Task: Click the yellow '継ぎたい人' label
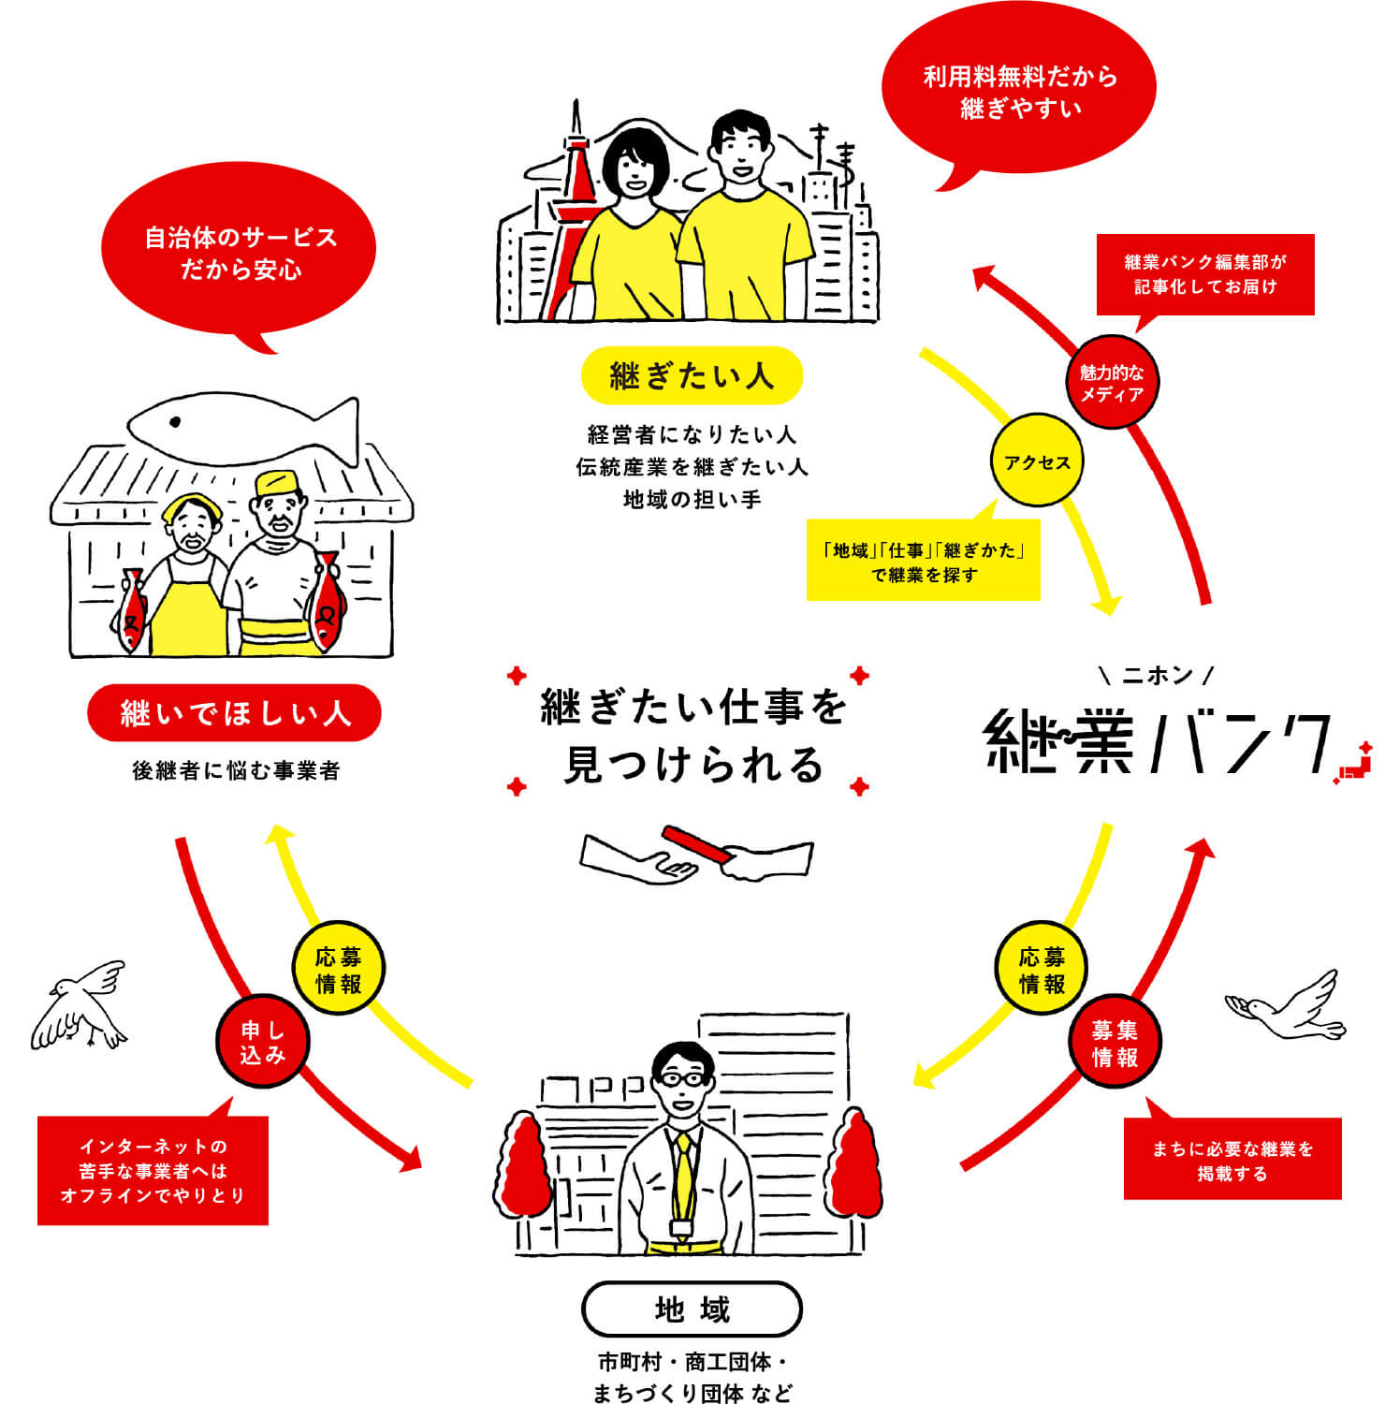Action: tap(692, 376)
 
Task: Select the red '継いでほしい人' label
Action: tap(234, 713)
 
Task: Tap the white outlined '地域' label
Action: tap(692, 1309)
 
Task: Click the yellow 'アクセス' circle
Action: tap(1037, 462)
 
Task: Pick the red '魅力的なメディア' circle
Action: tap(1112, 383)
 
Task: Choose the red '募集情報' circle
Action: tap(1115, 1043)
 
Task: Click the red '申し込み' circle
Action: tap(262, 1042)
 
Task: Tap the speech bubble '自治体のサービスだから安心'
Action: tap(240, 253)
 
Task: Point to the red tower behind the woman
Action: tap(578, 187)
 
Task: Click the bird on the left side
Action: tap(80, 1006)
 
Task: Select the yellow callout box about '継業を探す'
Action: tap(923, 562)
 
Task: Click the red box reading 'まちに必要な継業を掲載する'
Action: tap(1232, 1160)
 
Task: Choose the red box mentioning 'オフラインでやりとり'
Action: tap(153, 1170)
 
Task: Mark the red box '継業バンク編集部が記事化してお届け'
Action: tap(1205, 274)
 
